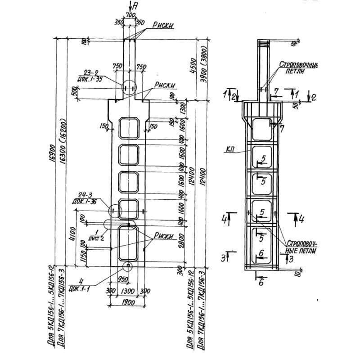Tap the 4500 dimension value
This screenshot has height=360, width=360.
pyautogui.click(x=192, y=66)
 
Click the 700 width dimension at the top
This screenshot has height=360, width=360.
pyautogui.click(x=131, y=16)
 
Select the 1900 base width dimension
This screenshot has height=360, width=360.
pyautogui.click(x=128, y=302)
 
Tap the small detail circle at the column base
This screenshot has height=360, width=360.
pyautogui.click(x=128, y=266)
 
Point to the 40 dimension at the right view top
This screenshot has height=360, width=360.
pyautogui.click(x=293, y=44)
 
